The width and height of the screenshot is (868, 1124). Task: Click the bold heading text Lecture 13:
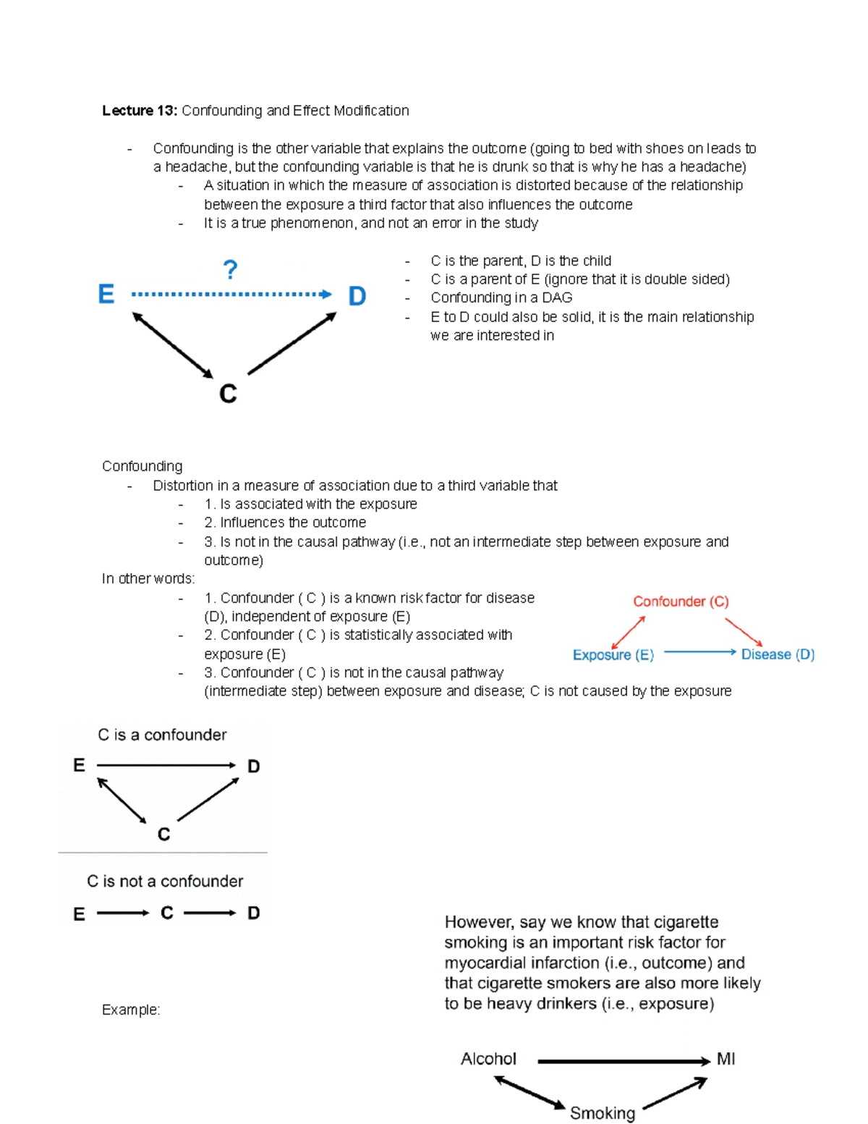139,111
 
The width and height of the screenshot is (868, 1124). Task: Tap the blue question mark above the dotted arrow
230,270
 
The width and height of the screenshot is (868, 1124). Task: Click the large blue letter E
106,294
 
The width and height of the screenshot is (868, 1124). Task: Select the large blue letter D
357,295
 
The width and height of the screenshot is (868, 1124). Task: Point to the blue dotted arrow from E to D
231,295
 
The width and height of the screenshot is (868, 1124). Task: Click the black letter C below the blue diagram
228,394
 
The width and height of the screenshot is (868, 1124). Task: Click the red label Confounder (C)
681,601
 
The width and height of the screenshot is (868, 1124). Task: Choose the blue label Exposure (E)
613,655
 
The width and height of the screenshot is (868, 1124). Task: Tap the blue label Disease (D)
778,654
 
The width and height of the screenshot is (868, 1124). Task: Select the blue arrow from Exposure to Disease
699,652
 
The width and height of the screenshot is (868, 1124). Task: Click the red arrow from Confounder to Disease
744,631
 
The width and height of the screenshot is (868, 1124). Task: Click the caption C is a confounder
162,735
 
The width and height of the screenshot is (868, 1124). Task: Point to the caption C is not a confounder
165,881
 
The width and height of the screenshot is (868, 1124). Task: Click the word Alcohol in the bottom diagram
488,1059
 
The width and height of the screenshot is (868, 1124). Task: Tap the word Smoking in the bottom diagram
603,1112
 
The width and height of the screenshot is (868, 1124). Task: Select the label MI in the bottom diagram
726,1059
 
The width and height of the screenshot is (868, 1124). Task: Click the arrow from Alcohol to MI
624,1062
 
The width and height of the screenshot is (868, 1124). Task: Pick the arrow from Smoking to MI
674,1093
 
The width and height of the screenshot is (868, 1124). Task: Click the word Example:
131,1010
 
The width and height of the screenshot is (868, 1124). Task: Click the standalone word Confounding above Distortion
142,466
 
